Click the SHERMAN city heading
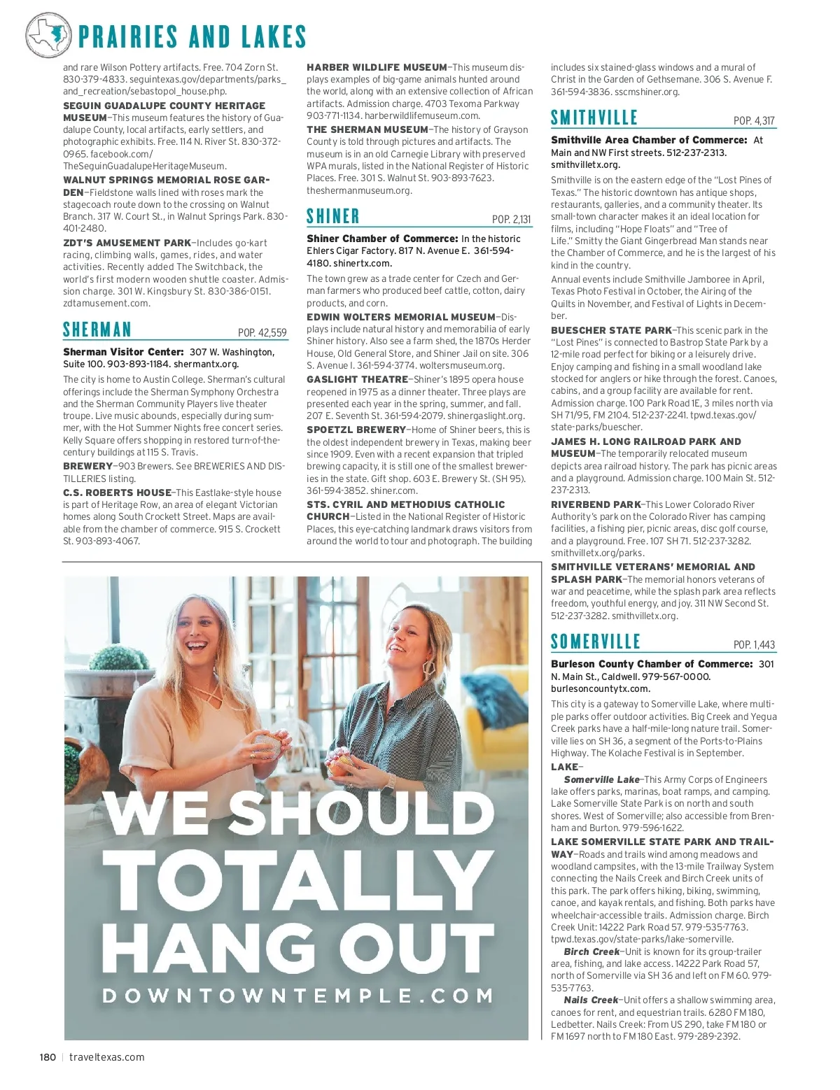[x=97, y=330]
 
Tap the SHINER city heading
[x=333, y=216]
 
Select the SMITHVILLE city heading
[x=594, y=118]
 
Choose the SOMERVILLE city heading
[x=596, y=642]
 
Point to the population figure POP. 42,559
[x=262, y=333]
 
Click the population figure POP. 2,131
[x=511, y=220]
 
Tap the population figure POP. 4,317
[x=754, y=121]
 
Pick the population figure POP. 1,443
[x=754, y=645]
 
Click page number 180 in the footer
[x=48, y=1057]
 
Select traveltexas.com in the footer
[x=107, y=1057]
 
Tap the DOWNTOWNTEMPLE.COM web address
[x=298, y=996]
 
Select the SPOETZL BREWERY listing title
[x=356, y=430]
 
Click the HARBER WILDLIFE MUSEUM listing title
[x=377, y=67]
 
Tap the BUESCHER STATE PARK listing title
[x=611, y=330]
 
